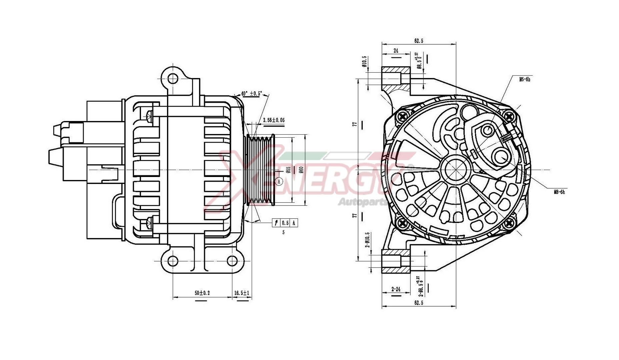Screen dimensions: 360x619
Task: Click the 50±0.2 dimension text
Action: [x=202, y=293]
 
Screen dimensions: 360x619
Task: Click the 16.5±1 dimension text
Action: [x=242, y=293]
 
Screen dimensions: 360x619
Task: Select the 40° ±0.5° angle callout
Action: [x=252, y=93]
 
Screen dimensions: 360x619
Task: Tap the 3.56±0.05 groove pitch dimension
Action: [x=273, y=120]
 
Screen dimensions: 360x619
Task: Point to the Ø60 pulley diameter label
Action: [x=301, y=170]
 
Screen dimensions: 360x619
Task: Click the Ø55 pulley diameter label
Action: [x=289, y=170]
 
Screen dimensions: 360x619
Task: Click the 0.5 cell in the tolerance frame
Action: [x=285, y=223]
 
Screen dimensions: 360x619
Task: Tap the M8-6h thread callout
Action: [x=559, y=192]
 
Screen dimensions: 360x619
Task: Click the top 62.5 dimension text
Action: [x=419, y=41]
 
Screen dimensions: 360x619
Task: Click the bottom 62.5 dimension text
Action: [x=419, y=303]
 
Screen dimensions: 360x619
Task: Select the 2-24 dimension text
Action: [x=396, y=289]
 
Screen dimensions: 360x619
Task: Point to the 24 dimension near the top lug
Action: [x=396, y=51]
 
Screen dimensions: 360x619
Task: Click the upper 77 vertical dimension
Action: [x=355, y=124]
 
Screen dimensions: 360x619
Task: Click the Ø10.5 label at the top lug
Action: [x=364, y=62]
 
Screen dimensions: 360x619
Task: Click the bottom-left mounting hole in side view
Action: [x=172, y=261]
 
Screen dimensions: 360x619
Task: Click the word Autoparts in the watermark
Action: [x=362, y=202]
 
